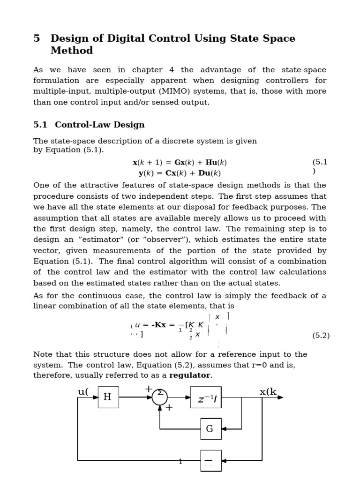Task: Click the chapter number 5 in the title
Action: point(37,38)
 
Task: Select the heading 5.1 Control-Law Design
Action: point(89,125)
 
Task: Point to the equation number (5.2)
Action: point(321,336)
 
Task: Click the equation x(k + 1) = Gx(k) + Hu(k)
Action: point(180,163)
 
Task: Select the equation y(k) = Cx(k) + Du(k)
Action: point(180,173)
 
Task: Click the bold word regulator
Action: point(190,375)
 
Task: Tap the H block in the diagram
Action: point(108,397)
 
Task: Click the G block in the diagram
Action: point(210,428)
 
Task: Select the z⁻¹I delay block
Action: point(206,397)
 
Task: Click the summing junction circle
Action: point(160,397)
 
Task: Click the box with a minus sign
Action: point(210,461)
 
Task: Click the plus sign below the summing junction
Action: point(169,408)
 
